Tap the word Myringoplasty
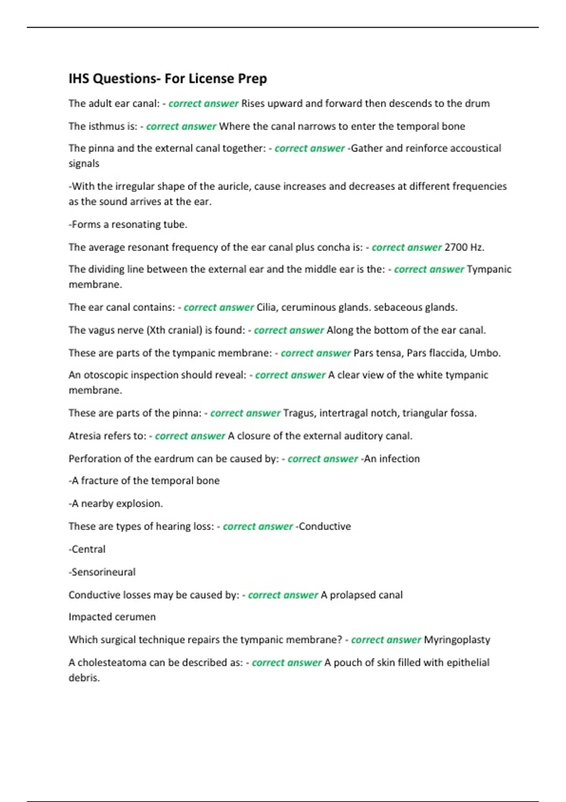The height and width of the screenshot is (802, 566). coord(457,640)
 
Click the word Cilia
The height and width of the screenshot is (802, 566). coord(267,308)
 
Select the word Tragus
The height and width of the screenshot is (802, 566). coord(299,413)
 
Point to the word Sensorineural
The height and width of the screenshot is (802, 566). coord(102,572)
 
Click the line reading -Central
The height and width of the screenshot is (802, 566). coord(87,549)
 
